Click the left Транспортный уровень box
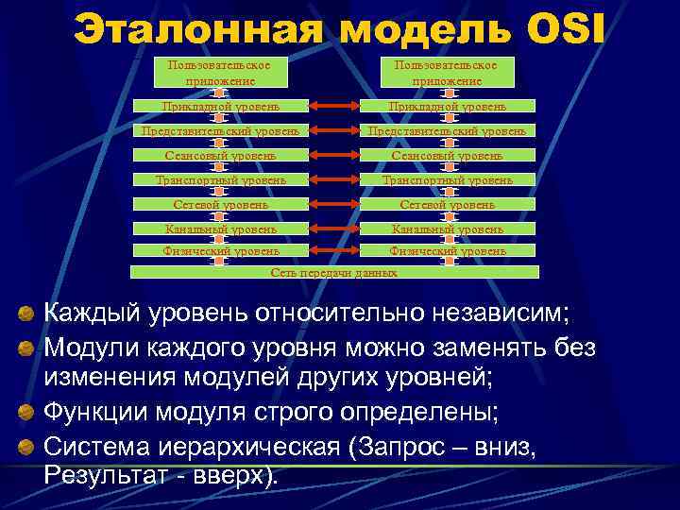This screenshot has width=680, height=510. (220, 179)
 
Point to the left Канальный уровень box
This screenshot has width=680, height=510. (220, 228)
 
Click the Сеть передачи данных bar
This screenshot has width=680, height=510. (334, 272)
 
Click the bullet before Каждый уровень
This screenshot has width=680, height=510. (28, 313)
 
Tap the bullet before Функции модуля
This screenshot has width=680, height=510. (28, 413)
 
